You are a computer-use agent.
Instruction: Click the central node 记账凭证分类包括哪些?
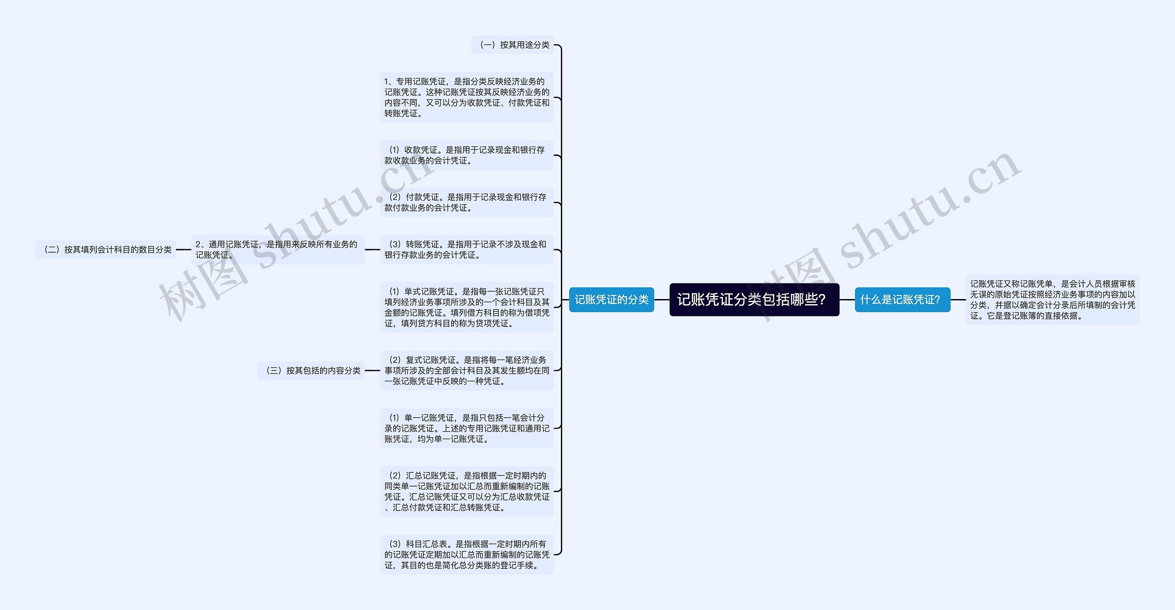(754, 299)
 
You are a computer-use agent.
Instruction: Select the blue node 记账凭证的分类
(611, 299)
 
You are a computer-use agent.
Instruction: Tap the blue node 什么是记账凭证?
(902, 299)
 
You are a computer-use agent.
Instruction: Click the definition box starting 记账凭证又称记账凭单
(1052, 299)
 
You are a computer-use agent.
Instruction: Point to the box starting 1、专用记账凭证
(466, 97)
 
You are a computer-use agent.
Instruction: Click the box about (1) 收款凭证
(466, 155)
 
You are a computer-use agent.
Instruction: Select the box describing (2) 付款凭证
(466, 202)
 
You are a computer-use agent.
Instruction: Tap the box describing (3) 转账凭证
(466, 250)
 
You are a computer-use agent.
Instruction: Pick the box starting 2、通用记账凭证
(278, 250)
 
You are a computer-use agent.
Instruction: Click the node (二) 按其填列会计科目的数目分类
(106, 250)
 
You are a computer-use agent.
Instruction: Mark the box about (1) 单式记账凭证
(466, 307)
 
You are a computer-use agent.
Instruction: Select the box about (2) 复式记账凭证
(466, 370)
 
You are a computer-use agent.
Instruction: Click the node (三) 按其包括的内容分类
(311, 370)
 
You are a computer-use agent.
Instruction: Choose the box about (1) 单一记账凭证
(466, 428)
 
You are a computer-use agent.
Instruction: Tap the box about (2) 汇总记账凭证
(466, 491)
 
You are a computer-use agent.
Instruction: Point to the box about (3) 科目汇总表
(466, 555)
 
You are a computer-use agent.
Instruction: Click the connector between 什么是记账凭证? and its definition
(958, 299)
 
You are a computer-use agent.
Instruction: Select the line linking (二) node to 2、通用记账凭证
(183, 250)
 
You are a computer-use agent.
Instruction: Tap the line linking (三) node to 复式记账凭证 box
(372, 370)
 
